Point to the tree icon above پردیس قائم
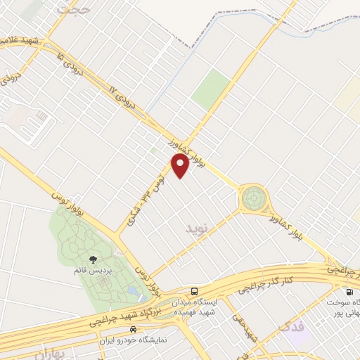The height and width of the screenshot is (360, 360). (x=94, y=260)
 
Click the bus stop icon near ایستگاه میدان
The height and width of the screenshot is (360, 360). (x=194, y=291)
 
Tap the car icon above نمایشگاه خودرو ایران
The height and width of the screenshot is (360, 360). (x=133, y=329)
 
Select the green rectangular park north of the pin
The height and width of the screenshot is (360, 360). (x=210, y=89)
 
